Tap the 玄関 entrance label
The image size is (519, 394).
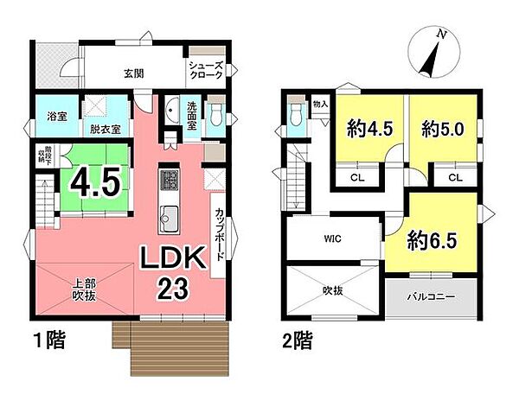click(133, 73)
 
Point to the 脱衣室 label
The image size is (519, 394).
click(104, 130)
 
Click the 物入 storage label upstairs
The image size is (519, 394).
click(320, 104)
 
